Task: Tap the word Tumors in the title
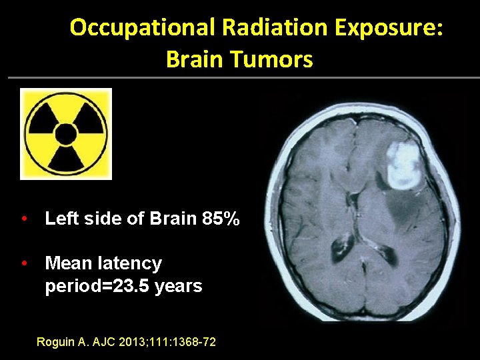(279, 59)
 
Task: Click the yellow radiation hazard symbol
(66, 134)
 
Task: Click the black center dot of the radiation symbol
(66, 135)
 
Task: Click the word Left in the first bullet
(60, 219)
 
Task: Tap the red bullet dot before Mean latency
(24, 264)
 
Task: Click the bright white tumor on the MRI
(403, 165)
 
